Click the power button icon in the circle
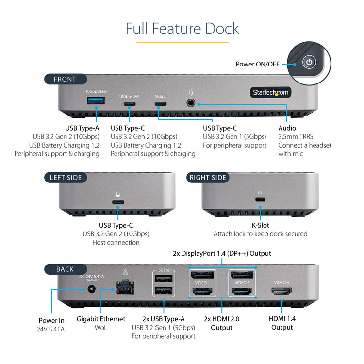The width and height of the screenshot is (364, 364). [x=309, y=62]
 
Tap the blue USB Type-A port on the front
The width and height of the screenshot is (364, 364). [x=96, y=101]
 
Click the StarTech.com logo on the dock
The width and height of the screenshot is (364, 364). [x=270, y=92]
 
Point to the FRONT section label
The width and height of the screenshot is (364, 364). [x=65, y=79]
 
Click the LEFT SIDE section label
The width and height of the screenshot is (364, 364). [x=66, y=178]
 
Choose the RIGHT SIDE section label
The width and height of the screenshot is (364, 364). [x=208, y=178]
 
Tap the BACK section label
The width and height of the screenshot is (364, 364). [x=65, y=269]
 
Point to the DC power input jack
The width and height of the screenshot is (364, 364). [x=91, y=290]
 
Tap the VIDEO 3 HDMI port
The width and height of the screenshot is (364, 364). [x=281, y=291]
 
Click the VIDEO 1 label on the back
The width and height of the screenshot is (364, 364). [x=201, y=283]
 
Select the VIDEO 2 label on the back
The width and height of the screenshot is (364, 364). [x=241, y=283]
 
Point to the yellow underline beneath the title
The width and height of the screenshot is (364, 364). [x=182, y=42]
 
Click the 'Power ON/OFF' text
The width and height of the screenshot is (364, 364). [x=258, y=64]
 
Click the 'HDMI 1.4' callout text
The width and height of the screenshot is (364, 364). [x=281, y=319]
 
